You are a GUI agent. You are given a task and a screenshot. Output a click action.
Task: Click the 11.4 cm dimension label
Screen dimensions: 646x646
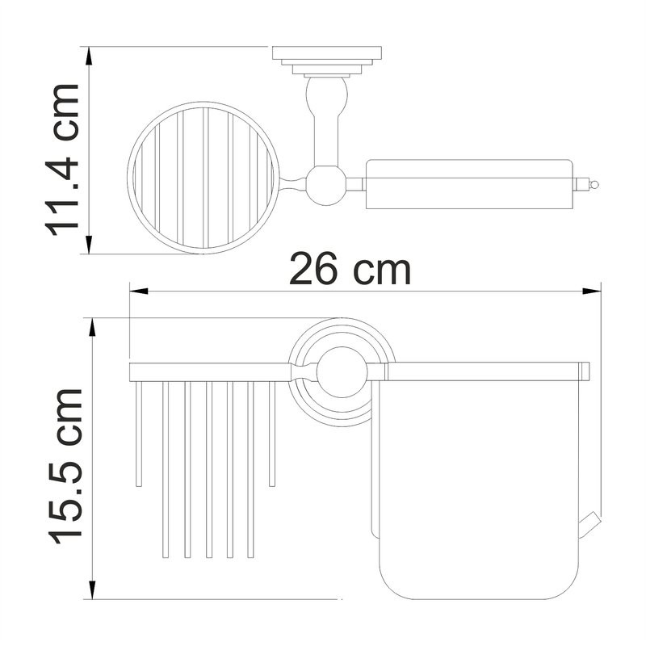62,160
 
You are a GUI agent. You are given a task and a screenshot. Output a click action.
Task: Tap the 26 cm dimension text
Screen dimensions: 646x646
350,270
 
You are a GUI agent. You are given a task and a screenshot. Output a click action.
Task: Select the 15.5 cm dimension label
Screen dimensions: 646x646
66,467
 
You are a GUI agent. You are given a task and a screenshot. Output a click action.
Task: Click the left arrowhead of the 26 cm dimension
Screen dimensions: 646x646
139,292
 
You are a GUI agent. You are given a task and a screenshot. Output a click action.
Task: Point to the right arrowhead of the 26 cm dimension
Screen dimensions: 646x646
592,292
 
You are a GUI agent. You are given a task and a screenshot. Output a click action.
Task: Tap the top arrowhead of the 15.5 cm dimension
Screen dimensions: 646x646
93,327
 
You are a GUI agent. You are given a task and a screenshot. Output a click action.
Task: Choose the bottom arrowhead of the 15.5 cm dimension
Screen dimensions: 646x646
93,590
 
